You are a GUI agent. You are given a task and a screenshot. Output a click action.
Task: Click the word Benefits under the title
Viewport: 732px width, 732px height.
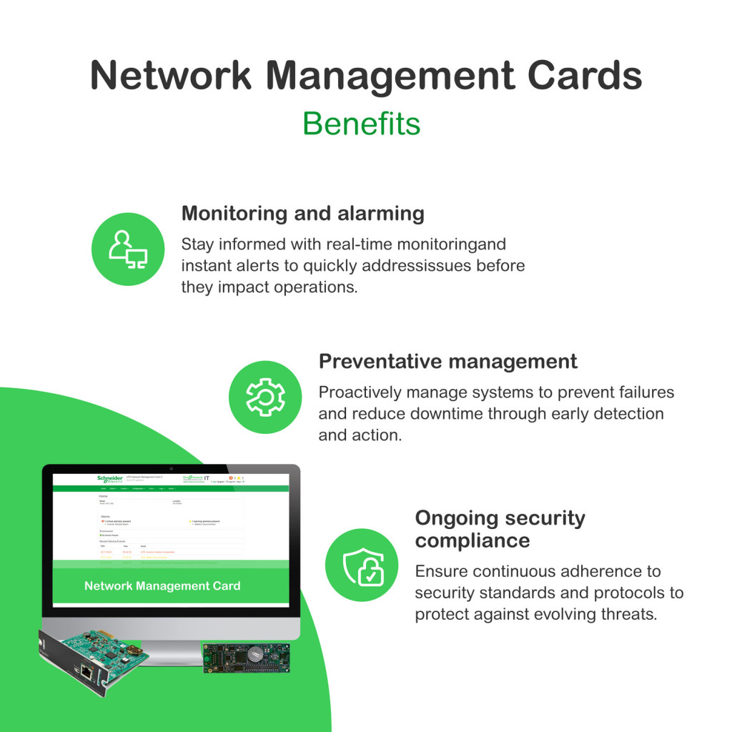361,123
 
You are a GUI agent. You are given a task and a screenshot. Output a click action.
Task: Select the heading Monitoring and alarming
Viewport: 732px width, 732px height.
302,213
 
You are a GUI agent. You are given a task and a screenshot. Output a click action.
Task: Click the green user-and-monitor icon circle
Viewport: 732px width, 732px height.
128,249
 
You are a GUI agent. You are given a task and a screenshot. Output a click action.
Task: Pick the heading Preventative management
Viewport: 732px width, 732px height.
447,361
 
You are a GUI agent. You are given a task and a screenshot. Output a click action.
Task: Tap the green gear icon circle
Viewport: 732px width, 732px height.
265,397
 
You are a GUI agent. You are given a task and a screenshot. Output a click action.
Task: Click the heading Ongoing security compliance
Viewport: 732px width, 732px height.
500,528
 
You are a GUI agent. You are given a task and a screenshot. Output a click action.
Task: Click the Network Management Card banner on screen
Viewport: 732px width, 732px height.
163,585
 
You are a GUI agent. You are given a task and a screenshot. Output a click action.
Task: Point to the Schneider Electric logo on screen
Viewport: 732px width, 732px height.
110,480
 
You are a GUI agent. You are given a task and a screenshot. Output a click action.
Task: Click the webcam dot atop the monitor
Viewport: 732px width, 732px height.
171,468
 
